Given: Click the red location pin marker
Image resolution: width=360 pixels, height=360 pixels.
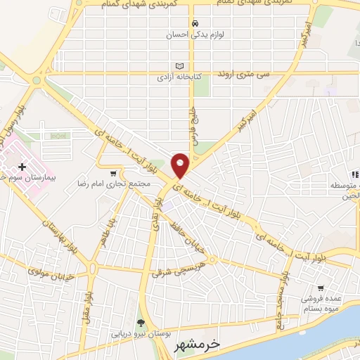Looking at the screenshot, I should pyautogui.click(x=180, y=166).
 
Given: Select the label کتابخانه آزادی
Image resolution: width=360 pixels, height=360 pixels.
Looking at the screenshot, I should pyautogui.click(x=172, y=75).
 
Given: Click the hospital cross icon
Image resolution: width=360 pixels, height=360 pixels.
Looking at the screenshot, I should pyautogui.click(x=22, y=167).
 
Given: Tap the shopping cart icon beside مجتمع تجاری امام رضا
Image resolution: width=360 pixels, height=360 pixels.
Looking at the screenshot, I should pyautogui.click(x=113, y=173).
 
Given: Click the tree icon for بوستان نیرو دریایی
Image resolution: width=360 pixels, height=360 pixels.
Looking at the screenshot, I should pyautogui.click(x=141, y=323).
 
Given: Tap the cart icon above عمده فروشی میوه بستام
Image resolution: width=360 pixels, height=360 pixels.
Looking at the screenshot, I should pyautogui.click(x=321, y=288).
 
